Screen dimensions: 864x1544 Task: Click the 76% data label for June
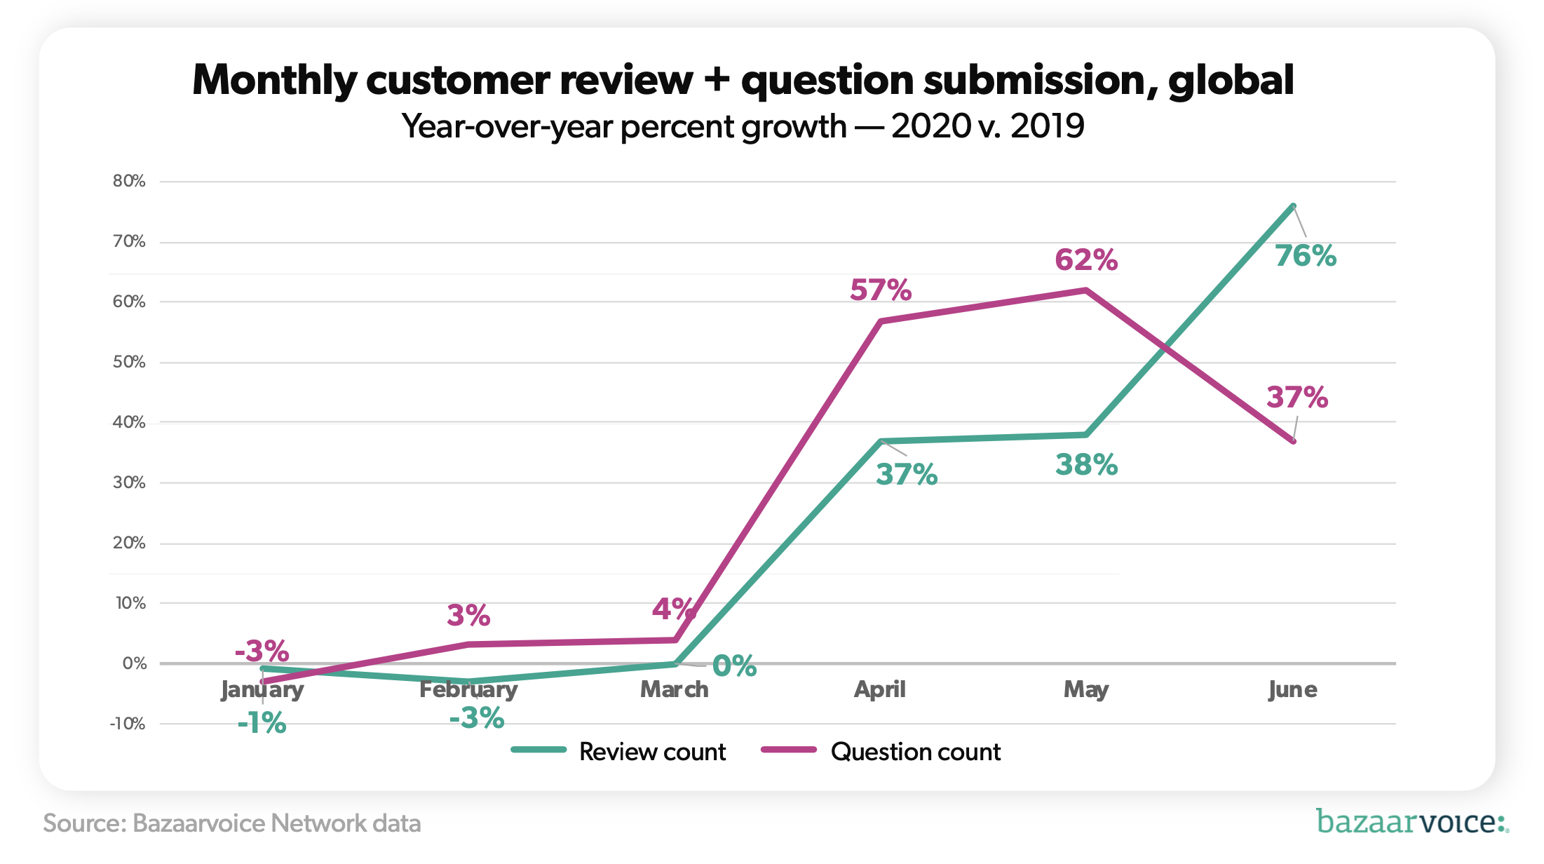click(x=1305, y=256)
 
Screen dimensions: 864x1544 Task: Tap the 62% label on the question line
click(x=1085, y=260)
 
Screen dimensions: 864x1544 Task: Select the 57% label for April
click(x=880, y=290)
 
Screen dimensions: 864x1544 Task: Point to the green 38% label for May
click(x=1086, y=465)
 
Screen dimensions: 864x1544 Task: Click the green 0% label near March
click(x=734, y=666)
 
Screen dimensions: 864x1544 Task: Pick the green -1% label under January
click(x=262, y=723)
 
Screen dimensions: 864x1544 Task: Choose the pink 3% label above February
click(x=468, y=616)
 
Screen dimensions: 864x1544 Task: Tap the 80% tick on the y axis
click(x=129, y=181)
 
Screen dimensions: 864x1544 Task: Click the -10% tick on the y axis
click(x=128, y=724)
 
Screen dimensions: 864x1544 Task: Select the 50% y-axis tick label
click(x=129, y=362)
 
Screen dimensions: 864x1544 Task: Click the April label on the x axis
click(x=879, y=689)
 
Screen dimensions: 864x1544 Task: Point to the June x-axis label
click(x=1292, y=689)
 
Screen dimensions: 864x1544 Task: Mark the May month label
click(x=1085, y=689)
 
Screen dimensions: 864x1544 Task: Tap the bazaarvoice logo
click(x=1411, y=821)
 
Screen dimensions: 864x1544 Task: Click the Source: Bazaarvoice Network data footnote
click(x=231, y=823)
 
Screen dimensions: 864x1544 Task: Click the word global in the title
click(x=1231, y=80)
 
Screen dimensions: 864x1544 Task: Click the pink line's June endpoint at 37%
click(x=1293, y=441)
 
